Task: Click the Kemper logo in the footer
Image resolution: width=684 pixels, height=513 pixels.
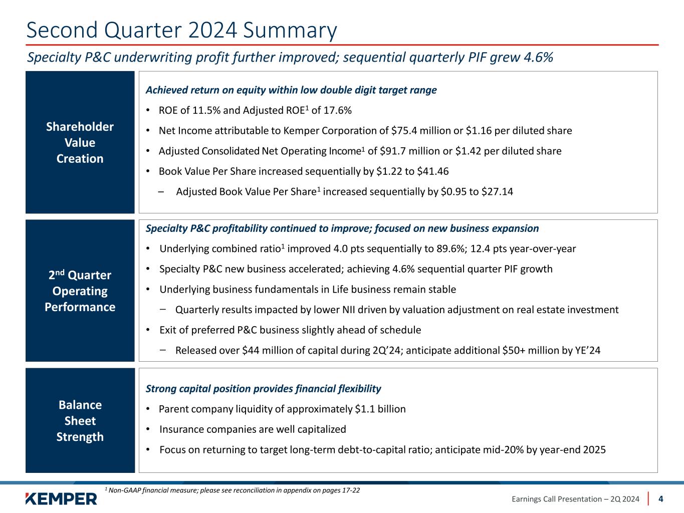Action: point(61,498)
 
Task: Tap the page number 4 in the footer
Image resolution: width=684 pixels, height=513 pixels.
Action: point(661,499)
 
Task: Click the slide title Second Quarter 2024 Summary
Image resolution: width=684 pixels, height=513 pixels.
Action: point(181,31)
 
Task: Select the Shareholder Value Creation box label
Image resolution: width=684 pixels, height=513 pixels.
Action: point(80,143)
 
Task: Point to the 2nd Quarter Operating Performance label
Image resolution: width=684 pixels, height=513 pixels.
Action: point(80,291)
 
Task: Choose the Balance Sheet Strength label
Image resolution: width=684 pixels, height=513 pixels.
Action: point(80,421)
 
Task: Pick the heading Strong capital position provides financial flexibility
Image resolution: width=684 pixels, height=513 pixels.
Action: point(263,389)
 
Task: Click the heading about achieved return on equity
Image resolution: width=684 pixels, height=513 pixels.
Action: point(291,90)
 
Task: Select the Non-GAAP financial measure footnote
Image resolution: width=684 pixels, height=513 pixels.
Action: point(233,490)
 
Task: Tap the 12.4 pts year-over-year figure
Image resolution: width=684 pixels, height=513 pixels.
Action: point(523,249)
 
